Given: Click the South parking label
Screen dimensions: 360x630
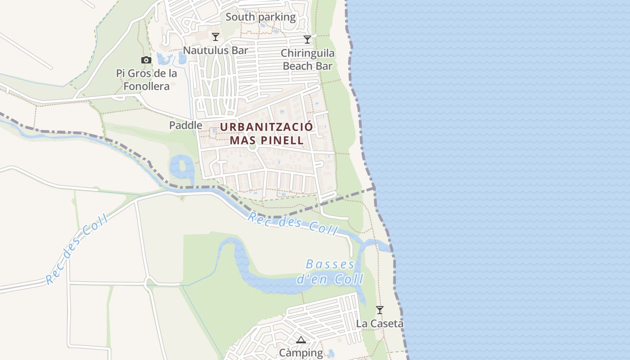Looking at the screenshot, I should click(261, 17).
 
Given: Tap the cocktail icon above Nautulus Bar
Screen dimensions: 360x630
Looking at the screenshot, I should click(216, 37).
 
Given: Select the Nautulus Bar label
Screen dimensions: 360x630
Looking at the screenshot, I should click(216, 50).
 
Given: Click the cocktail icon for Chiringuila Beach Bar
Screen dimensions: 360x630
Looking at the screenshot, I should click(307, 40).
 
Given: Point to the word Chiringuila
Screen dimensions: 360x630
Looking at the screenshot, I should click(308, 53).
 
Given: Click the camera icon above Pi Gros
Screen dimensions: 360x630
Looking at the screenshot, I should click(146, 60).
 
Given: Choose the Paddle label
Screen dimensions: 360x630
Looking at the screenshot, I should click(185, 125).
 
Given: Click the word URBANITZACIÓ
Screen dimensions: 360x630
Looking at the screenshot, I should click(266, 127).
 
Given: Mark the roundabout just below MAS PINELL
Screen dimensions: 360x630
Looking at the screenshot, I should click(252, 146).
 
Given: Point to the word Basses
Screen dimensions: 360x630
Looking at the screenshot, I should click(330, 264).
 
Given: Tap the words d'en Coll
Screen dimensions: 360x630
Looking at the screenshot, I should click(330, 279).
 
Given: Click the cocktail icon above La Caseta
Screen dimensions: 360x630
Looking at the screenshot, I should click(380, 310).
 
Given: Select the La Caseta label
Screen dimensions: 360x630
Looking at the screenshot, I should click(380, 323).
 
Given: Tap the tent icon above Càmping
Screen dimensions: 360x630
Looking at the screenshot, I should click(301, 340).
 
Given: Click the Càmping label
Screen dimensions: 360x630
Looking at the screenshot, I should click(301, 353).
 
